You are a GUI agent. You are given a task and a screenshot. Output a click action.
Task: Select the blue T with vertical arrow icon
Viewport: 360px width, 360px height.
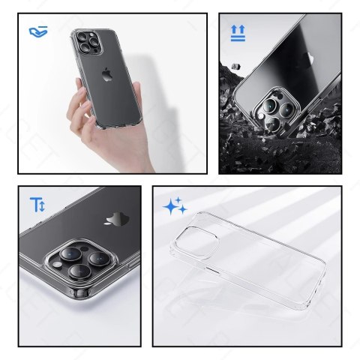(x=37, y=204)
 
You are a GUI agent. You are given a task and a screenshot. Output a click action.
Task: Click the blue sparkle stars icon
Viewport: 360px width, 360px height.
(x=175, y=206)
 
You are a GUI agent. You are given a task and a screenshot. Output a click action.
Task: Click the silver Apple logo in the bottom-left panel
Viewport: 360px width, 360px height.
(x=114, y=219)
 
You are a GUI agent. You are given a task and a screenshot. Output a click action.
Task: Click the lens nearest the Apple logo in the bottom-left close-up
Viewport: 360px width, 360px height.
(x=100, y=259)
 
